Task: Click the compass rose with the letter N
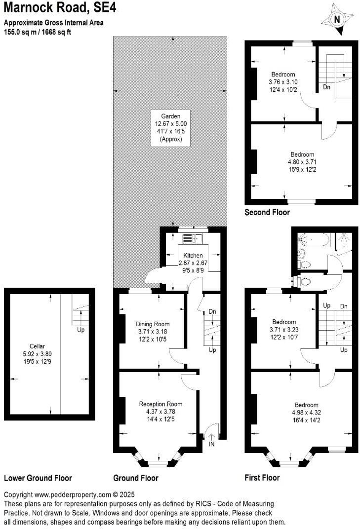(x=337, y=20)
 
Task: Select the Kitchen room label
(x=193, y=256)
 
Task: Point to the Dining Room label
(x=153, y=324)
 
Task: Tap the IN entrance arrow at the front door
(x=211, y=438)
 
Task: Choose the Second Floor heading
(x=267, y=213)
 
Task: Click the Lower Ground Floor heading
(x=38, y=478)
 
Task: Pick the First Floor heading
(x=262, y=478)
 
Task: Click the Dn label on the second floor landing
(x=326, y=87)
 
